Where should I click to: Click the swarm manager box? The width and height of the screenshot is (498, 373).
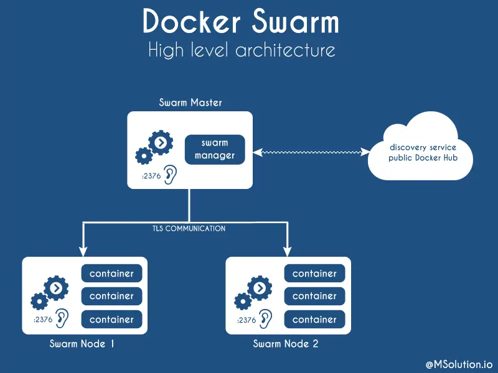click(x=215, y=149)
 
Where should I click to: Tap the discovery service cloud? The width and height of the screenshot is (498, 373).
click(x=423, y=152)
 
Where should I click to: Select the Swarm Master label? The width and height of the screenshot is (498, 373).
click(x=190, y=103)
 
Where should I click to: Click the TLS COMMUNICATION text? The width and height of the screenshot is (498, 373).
click(x=189, y=229)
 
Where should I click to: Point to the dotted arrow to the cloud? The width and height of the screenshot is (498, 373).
click(x=311, y=152)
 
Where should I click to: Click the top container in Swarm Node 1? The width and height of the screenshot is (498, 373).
click(x=112, y=274)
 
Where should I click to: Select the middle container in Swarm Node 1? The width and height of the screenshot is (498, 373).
click(x=112, y=297)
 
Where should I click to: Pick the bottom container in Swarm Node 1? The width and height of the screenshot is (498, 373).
click(x=112, y=320)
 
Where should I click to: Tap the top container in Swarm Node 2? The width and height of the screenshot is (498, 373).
click(x=315, y=274)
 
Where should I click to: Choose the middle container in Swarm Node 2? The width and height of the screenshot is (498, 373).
click(x=315, y=297)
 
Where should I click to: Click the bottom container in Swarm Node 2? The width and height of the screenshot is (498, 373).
click(x=315, y=320)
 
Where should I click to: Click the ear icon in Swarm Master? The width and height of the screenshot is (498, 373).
click(x=169, y=175)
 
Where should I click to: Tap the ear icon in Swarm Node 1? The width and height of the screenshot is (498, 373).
click(x=62, y=318)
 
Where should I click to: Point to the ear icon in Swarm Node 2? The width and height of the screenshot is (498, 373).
click(x=265, y=318)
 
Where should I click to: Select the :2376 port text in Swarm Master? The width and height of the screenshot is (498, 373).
click(x=151, y=177)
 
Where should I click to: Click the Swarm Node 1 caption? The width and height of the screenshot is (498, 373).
click(x=82, y=344)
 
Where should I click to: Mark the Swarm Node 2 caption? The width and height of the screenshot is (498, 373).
click(x=285, y=344)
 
